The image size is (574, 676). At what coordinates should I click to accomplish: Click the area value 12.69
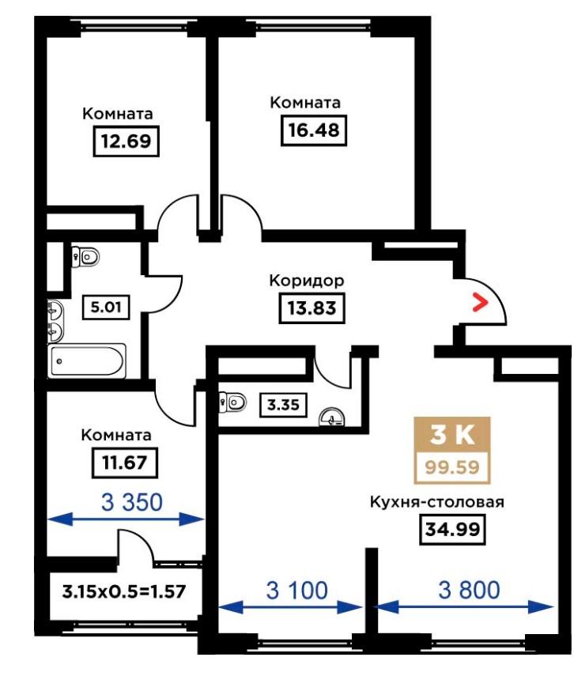126,141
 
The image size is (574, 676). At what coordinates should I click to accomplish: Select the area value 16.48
314,130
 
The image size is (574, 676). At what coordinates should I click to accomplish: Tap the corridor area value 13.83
312,308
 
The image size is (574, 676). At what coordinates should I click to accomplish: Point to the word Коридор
307,281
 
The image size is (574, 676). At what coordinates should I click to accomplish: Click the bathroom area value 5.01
106,307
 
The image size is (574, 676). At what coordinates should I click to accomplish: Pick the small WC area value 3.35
283,405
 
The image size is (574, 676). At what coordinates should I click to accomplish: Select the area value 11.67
125,463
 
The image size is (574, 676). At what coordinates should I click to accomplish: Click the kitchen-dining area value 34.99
452,529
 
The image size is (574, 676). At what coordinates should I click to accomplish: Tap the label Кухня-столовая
437,503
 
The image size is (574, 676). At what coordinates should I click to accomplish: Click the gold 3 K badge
452,435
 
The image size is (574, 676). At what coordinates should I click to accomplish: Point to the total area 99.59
452,467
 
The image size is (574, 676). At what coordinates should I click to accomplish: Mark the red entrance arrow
480,302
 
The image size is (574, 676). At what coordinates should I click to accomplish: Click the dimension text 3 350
132,502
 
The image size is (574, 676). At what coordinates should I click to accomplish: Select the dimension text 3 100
296,590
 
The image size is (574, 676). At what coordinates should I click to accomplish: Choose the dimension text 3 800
469,590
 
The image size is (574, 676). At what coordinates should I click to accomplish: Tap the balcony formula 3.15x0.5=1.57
124,591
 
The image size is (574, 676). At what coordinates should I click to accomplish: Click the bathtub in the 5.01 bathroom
87,361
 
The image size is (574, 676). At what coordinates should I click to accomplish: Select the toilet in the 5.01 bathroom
85,258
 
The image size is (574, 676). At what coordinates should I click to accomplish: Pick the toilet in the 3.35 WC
232,402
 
